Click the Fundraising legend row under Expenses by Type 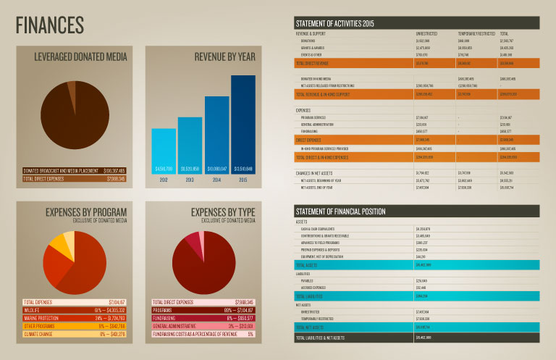click(x=203, y=317)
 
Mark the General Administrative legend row click(x=203, y=325)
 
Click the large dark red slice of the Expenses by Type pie click(x=199, y=268)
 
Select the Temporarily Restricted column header click(x=476, y=33)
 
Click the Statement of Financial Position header click(x=340, y=212)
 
